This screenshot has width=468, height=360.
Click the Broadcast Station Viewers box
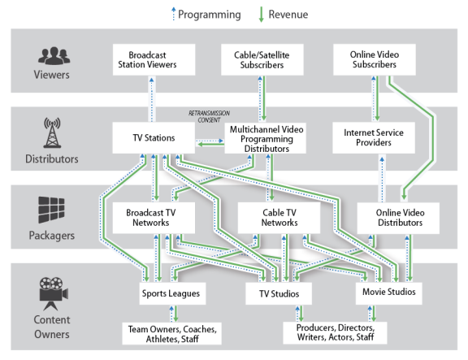pos(154,59)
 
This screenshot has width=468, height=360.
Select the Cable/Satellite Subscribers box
pos(262,59)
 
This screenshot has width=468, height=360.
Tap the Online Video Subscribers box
pos(375,59)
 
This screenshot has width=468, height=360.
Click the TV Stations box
pos(154,138)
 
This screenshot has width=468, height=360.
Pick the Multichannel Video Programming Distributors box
pos(266,138)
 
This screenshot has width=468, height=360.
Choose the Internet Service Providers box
pos(374,137)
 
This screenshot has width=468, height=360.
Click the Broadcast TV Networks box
pos(154,218)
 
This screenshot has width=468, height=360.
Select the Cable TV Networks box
pos(279,218)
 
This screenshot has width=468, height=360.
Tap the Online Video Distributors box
pos(398,218)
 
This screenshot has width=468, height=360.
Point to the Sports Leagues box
pos(172,293)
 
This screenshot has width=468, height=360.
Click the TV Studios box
pos(279,293)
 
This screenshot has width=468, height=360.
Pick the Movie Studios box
pos(389,293)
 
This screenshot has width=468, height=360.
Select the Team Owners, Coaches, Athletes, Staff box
pos(172,333)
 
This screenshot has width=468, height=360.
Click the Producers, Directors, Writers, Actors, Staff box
pos(335,332)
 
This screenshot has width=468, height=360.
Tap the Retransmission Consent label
pos(209,116)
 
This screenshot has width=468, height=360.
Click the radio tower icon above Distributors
pos(52,132)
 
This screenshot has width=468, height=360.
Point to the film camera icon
pos(54,293)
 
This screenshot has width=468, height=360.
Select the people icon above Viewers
pos(54,56)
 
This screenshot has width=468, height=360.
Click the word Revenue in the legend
pos(288,15)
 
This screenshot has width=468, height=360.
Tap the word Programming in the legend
pos(210,15)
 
